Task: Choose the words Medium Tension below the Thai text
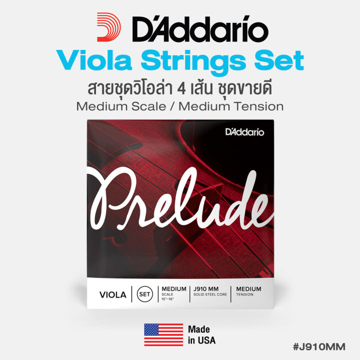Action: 235,106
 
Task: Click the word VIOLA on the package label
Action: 110,295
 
